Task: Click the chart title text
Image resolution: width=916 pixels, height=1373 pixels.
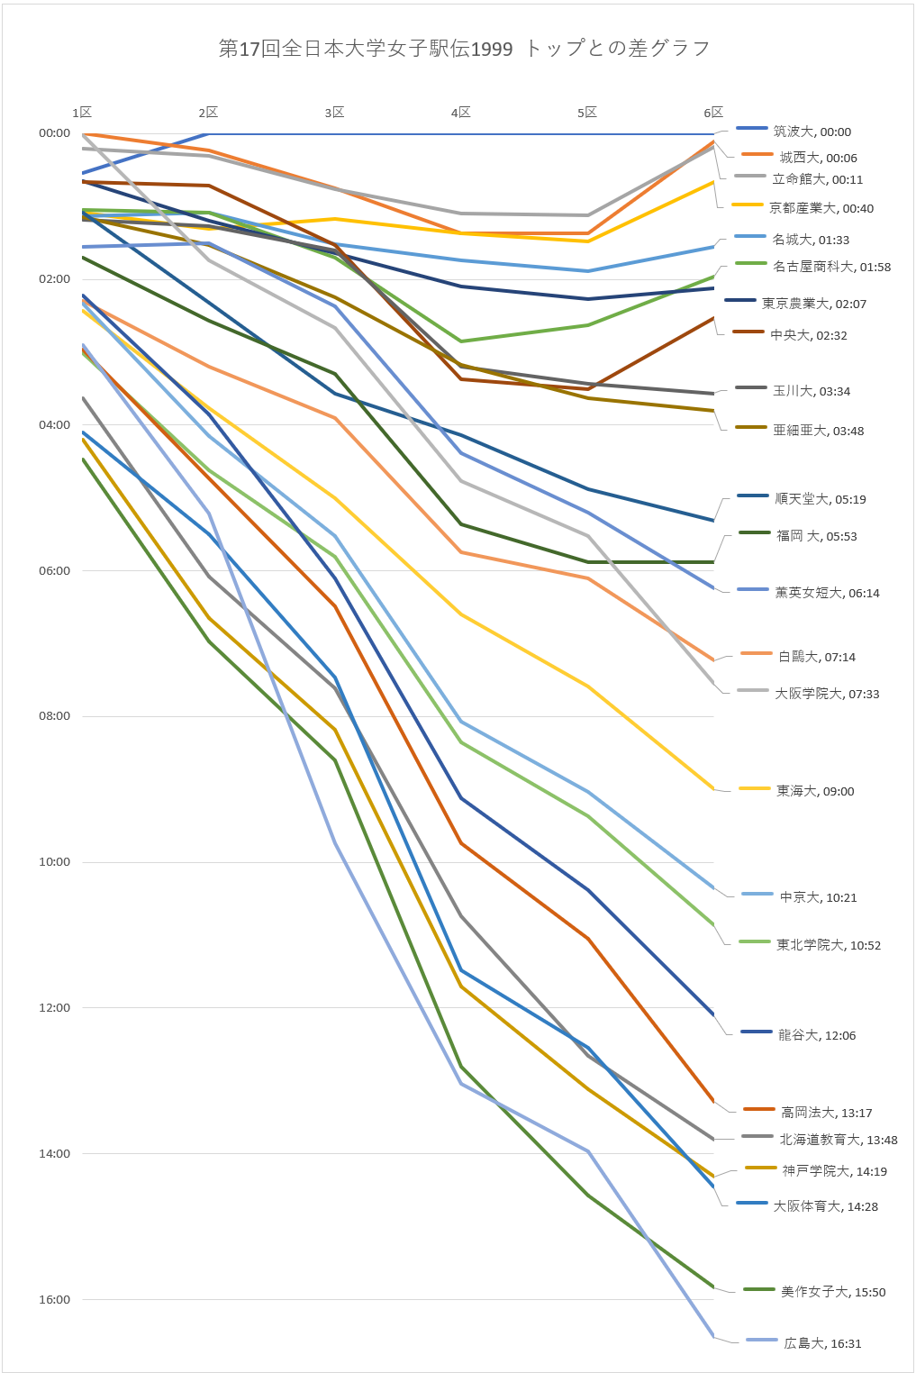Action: (464, 49)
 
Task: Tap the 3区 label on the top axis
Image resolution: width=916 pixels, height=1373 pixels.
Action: (334, 113)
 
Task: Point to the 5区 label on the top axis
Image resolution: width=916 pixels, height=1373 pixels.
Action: (587, 113)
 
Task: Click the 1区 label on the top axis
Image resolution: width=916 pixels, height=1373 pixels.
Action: (82, 113)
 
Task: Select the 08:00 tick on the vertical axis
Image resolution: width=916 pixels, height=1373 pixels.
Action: (54, 716)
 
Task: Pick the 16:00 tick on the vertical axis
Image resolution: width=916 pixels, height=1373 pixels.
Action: (54, 1299)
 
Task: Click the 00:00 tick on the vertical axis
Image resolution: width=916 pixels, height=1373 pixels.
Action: (54, 133)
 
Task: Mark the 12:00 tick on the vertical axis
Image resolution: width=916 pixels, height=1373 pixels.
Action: (54, 1008)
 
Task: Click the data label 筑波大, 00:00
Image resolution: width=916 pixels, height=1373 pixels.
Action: (812, 132)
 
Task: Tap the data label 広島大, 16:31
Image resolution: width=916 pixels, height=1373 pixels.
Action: (822, 1343)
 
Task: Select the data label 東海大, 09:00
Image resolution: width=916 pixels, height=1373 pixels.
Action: (815, 791)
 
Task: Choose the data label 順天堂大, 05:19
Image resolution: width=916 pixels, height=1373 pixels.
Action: (821, 499)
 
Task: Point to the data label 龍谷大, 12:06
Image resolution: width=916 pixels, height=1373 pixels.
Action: (817, 1035)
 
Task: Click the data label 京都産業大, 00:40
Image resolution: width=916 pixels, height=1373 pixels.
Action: (821, 208)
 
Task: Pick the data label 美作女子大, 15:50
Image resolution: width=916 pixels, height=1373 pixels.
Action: (833, 1292)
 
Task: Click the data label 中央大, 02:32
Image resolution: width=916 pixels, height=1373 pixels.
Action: (809, 335)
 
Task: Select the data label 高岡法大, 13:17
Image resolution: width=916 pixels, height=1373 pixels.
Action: (826, 1113)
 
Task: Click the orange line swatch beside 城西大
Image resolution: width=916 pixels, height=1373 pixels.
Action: (757, 155)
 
